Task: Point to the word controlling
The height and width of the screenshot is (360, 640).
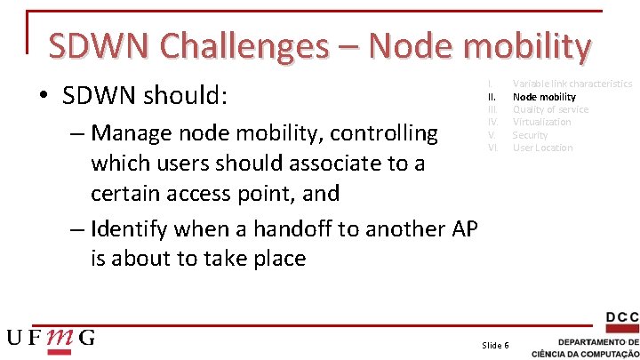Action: tap(384, 133)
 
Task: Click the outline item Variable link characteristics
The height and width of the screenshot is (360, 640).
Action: tap(572, 84)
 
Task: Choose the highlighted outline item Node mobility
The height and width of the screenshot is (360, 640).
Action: tap(544, 96)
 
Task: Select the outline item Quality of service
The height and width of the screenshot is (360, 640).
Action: tap(550, 109)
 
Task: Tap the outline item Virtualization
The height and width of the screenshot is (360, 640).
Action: tap(541, 122)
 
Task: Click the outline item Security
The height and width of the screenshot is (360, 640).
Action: tap(530, 135)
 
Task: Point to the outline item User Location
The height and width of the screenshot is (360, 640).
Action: tap(542, 148)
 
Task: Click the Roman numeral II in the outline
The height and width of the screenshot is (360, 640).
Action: tap(491, 96)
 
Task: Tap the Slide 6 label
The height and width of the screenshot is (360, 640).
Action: tap(495, 345)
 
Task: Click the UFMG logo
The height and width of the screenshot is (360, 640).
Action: tap(52, 338)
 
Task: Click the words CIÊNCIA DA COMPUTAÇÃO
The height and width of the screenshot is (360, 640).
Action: tap(585, 353)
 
